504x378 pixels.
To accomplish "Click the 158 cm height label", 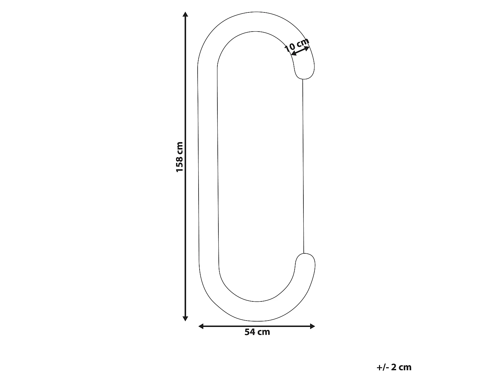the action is [x=179, y=157].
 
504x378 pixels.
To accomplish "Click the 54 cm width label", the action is [x=257, y=332].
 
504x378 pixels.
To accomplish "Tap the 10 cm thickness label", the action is [x=296, y=45].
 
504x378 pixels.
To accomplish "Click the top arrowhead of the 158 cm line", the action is [x=185, y=14].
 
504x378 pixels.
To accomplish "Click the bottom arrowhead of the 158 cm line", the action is [x=185, y=319].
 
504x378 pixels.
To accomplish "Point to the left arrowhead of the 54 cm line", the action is [x=201, y=326].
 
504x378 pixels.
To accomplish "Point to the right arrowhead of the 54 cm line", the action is [x=312, y=326].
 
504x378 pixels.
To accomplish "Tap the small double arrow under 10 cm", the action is [x=300, y=51].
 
